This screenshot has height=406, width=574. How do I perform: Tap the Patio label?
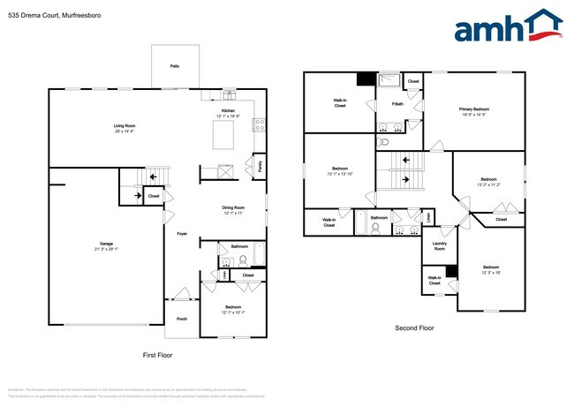click(x=175, y=66)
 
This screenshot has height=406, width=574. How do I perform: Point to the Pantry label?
click(x=260, y=164)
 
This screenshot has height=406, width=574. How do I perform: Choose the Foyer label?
click(x=182, y=234)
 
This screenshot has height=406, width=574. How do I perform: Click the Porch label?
click(x=182, y=319)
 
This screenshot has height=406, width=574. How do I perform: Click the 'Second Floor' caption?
click(x=414, y=328)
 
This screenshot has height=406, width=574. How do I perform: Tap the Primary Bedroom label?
click(x=474, y=111)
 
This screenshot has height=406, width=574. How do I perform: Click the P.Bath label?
click(x=398, y=105)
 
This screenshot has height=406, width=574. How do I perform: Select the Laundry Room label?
click(x=439, y=246)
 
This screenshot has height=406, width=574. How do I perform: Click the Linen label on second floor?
click(x=427, y=214)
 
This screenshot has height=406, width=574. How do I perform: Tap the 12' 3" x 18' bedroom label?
click(x=491, y=269)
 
